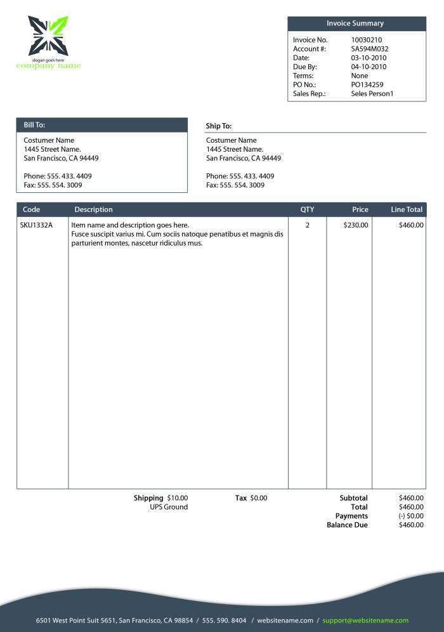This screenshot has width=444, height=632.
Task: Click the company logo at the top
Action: (x=48, y=36)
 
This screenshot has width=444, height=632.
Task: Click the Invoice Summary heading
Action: (x=355, y=23)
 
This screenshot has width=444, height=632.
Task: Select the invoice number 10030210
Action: (x=367, y=40)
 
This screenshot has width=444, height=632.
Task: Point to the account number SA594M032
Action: (x=370, y=49)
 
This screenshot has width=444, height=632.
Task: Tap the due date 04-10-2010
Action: (x=369, y=67)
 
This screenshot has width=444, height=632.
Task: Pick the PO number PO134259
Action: (x=367, y=84)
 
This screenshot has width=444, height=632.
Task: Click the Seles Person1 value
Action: (x=372, y=93)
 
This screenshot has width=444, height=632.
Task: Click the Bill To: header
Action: (x=34, y=125)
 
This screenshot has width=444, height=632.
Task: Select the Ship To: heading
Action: (x=219, y=126)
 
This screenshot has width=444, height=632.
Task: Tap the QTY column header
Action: (x=307, y=209)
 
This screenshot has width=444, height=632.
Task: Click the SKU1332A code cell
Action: (x=36, y=225)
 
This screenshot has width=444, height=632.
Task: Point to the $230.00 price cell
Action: (x=355, y=225)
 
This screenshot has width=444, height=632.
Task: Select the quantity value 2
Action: (x=308, y=225)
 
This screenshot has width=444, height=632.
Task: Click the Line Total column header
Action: (x=407, y=209)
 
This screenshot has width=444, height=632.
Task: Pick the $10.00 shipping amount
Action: (x=178, y=498)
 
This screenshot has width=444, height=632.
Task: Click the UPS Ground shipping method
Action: (x=169, y=507)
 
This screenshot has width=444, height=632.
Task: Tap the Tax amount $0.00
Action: (x=259, y=498)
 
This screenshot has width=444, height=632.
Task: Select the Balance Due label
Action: (x=347, y=525)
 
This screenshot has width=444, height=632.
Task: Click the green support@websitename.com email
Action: (x=365, y=621)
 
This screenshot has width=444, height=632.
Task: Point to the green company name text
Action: (x=49, y=66)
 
